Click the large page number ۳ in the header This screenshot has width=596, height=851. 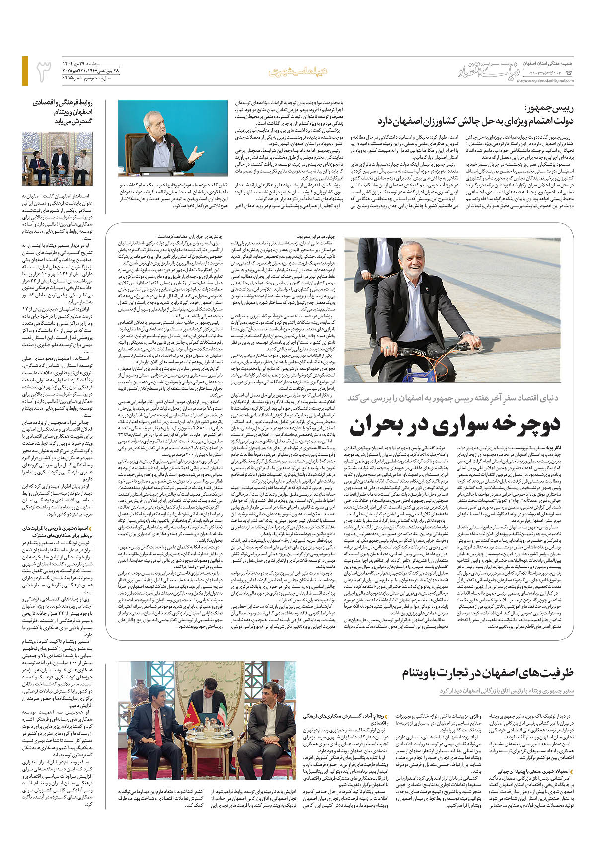click(x=44, y=71)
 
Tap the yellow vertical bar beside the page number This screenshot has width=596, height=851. click(x=25, y=71)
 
